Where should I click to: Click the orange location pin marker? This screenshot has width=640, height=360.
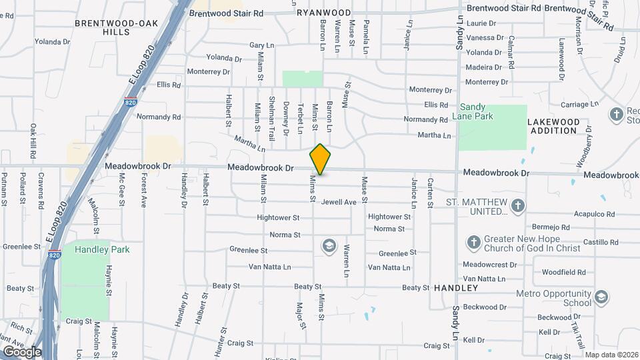point(321,159)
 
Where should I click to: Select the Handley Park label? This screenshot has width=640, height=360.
point(102,249)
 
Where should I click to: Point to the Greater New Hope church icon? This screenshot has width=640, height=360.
point(473,241)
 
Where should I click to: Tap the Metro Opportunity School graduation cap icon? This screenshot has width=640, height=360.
point(601,297)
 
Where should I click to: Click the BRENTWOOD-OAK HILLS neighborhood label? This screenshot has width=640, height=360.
point(117,27)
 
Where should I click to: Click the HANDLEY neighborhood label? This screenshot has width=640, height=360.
point(456,288)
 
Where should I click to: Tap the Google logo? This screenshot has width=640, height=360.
point(22,351)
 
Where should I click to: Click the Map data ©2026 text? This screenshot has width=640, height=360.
point(611,355)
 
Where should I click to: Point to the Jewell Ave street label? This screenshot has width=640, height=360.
point(339,202)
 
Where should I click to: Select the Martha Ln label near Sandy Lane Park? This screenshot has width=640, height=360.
point(434,135)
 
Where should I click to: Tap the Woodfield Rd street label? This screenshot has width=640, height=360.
point(563,272)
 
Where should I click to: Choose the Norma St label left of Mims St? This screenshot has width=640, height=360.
point(285,235)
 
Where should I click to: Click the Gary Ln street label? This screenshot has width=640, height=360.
point(261,45)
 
